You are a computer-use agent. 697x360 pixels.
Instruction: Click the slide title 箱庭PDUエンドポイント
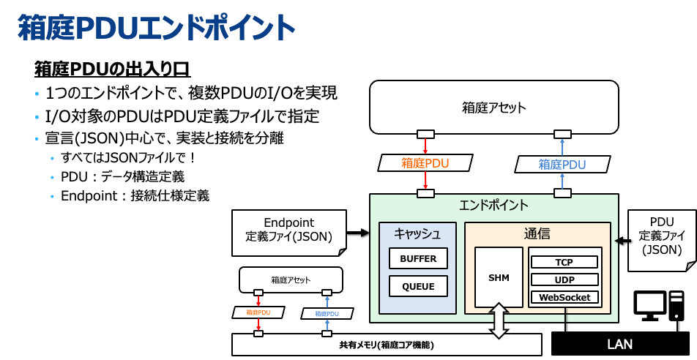tap(156, 29)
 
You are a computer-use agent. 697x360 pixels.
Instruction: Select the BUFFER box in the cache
tap(419, 258)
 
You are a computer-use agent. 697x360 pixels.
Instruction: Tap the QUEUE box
tap(419, 286)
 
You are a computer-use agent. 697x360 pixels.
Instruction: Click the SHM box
tap(499, 277)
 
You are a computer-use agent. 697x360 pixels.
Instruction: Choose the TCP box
tap(564, 262)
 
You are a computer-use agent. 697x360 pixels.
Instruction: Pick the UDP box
tap(564, 280)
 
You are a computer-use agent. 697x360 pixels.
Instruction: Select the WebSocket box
tap(564, 297)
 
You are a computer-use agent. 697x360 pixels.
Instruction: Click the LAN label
tap(619, 344)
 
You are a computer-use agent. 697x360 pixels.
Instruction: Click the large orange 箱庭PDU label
tap(425, 163)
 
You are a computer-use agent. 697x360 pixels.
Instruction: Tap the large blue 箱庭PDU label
tap(562, 165)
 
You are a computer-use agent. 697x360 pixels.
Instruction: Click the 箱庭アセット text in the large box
tap(494, 108)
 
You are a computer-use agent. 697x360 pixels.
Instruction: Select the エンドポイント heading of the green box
tap(493, 205)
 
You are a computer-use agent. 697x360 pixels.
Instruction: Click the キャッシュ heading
tap(417, 234)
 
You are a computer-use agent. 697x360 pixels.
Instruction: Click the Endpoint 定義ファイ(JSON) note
tap(288, 230)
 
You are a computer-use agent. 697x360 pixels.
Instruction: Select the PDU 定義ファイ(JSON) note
tap(662, 236)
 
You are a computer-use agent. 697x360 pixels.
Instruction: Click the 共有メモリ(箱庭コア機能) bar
tap(387, 345)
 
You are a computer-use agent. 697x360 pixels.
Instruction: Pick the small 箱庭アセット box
tap(291, 280)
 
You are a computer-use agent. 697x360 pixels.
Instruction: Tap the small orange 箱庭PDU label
tap(258, 312)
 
